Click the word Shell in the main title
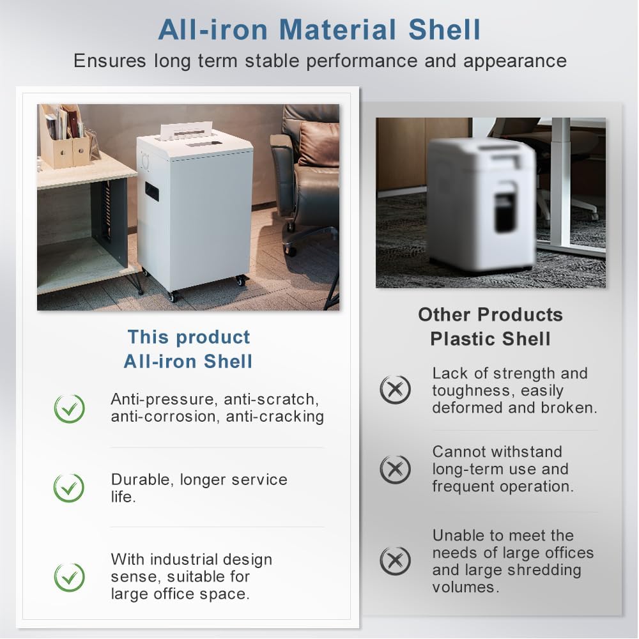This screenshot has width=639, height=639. pyautogui.click(x=445, y=30)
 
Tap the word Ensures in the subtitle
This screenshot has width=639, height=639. pyautogui.click(x=110, y=61)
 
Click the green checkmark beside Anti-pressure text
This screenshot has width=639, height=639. pyautogui.click(x=69, y=409)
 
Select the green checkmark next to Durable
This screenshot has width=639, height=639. pyautogui.click(x=69, y=488)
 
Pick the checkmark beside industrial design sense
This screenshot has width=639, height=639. pyautogui.click(x=69, y=577)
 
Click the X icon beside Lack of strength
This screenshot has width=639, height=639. pyautogui.click(x=395, y=390)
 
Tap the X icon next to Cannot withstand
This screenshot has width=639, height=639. pyautogui.click(x=395, y=469)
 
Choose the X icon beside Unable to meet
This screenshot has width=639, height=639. pyautogui.click(x=395, y=561)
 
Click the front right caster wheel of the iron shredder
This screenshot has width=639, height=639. pyautogui.click(x=240, y=280)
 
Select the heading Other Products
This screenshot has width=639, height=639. pyautogui.click(x=490, y=314)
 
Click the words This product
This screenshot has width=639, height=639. pyautogui.click(x=189, y=337)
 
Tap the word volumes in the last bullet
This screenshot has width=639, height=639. pyautogui.click(x=465, y=587)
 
